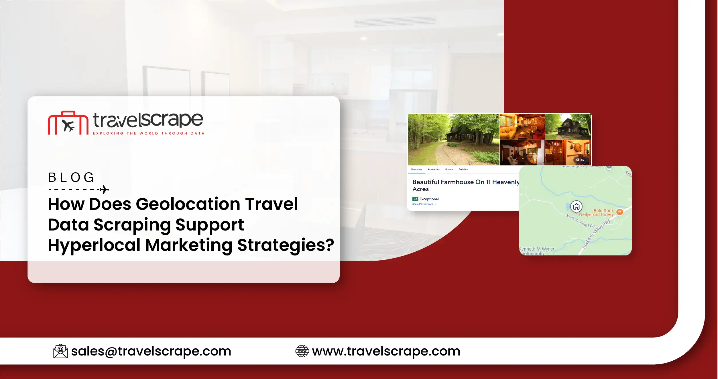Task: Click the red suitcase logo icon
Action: [68, 123]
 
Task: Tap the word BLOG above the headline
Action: [71, 177]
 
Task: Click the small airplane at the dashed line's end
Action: [104, 190]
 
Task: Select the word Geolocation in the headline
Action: [188, 204]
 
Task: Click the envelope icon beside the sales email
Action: [60, 351]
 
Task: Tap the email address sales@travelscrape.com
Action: [151, 351]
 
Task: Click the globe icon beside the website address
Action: [302, 351]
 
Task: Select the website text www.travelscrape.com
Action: [386, 351]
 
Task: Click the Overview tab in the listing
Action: [416, 169]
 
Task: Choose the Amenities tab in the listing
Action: [434, 169]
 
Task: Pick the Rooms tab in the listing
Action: [449, 169]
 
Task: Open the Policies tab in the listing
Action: [463, 169]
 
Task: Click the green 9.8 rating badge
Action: [415, 199]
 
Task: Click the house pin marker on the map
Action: [576, 206]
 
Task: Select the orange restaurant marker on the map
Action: [619, 212]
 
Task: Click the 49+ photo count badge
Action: [581, 160]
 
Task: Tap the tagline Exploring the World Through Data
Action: [148, 133]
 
